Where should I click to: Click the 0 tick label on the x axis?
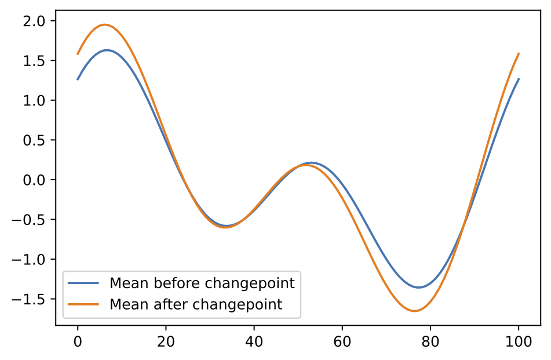(78, 343)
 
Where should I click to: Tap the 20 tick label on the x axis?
(166, 343)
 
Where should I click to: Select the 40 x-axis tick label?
(254, 343)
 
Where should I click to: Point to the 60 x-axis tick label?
(342, 343)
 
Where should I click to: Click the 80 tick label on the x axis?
(430, 343)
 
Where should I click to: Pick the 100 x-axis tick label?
(519, 343)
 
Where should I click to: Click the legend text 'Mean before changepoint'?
(202, 283)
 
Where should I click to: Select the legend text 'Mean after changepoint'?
(196, 304)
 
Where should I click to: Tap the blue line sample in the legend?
(85, 283)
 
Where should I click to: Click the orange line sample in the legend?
(85, 304)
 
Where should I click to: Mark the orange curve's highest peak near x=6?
(105, 24)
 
